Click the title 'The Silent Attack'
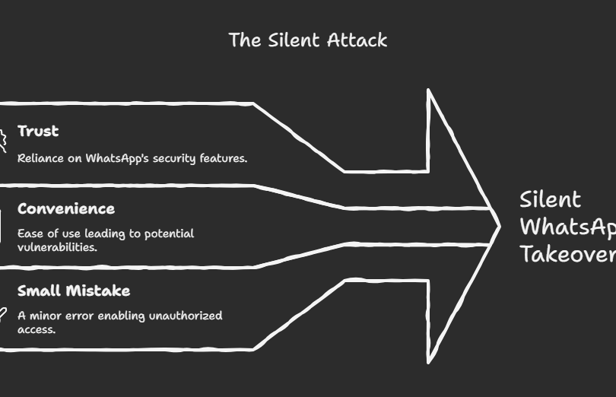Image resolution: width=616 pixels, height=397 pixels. coord(308,40)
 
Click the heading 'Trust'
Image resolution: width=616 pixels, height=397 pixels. coord(38,131)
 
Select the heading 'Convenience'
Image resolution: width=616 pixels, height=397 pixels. coord(66,208)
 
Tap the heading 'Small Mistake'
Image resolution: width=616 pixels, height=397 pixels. coord(74,291)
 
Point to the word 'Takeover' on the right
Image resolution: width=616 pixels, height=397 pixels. coord(567,254)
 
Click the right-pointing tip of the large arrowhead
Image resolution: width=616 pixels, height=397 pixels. coord(500,226)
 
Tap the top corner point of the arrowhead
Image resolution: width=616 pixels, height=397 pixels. coord(429,91)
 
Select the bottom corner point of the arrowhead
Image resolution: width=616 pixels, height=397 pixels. coord(429,363)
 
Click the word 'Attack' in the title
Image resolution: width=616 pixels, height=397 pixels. coord(357,40)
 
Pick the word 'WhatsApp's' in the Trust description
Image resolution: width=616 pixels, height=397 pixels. coord(117,158)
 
